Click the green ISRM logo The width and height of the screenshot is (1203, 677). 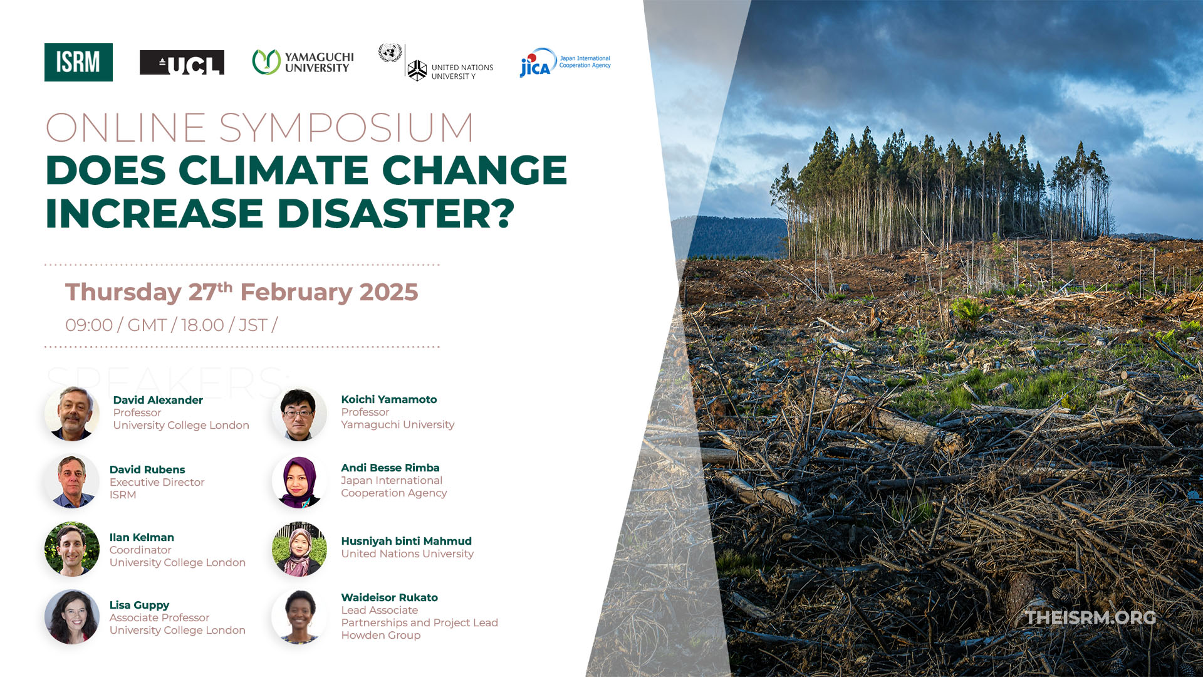(x=78, y=62)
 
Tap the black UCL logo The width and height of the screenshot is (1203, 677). (x=182, y=63)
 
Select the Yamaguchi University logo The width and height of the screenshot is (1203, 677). (x=303, y=62)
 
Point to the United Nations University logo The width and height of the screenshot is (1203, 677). (x=436, y=63)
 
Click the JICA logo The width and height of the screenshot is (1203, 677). (x=565, y=62)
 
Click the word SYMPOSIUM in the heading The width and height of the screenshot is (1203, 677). (x=346, y=128)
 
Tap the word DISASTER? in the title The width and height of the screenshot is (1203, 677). (x=396, y=213)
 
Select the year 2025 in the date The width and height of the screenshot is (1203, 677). (x=388, y=292)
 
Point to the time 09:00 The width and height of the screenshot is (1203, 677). (x=89, y=325)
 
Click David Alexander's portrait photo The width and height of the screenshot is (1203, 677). (x=72, y=414)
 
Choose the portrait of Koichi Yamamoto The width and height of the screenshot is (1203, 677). (x=299, y=414)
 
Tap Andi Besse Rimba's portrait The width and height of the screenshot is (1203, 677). (x=299, y=481)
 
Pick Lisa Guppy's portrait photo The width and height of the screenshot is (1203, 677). (x=72, y=617)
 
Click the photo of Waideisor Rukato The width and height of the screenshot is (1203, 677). (x=299, y=617)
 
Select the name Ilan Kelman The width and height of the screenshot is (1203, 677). (x=142, y=537)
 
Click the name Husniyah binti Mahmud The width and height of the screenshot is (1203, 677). (x=406, y=541)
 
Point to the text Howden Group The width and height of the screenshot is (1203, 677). (x=381, y=635)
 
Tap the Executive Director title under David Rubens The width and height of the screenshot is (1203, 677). (x=157, y=482)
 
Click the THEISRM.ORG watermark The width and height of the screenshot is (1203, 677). (x=1091, y=617)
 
